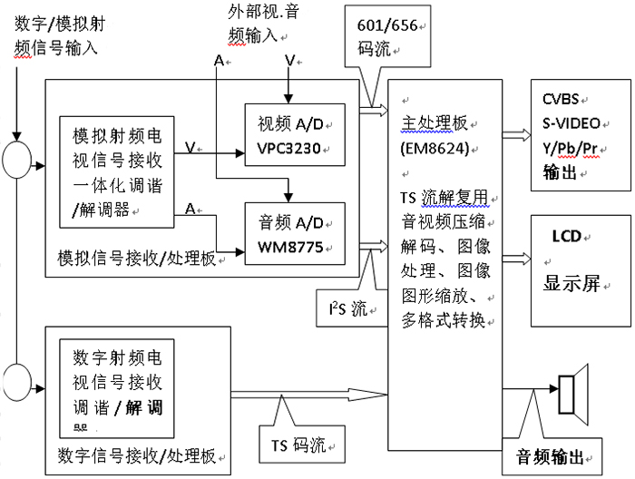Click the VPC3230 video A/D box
[295, 134]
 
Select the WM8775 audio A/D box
[295, 234]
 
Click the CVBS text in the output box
[561, 99]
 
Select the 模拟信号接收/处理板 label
[135, 259]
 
